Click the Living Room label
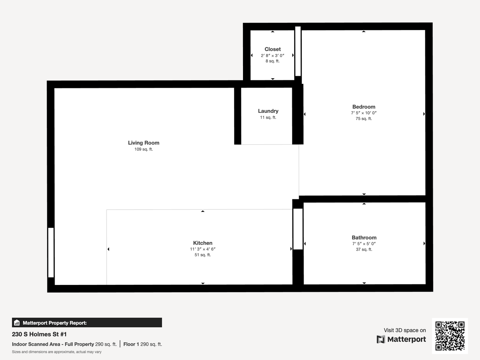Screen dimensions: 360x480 tap(144, 143)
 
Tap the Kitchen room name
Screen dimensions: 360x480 tap(203, 243)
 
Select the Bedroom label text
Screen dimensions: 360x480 tap(364, 107)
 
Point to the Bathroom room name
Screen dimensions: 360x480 tap(364, 237)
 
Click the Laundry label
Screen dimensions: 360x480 tap(268, 111)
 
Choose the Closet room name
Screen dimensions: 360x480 tap(273, 49)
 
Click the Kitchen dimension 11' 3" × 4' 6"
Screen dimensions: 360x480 tap(203, 249)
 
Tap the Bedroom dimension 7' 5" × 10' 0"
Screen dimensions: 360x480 tap(364, 113)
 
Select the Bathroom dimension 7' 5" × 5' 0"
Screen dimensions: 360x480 tap(364, 243)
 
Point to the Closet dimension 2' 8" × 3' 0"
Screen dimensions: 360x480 tap(273, 55)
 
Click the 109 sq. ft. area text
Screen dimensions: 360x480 tap(144, 149)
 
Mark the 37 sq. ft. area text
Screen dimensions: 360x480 tap(364, 249)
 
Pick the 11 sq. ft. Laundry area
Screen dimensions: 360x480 tap(268, 117)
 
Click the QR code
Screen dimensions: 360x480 tap(450, 336)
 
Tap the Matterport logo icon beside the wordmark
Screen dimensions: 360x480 tap(381, 339)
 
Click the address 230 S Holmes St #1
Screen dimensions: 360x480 tap(39, 334)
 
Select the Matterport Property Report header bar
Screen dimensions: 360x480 tap(87, 323)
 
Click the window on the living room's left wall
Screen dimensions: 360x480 tap(51, 252)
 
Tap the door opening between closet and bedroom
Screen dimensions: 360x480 tap(298, 51)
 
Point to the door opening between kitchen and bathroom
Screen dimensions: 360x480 tap(298, 229)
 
